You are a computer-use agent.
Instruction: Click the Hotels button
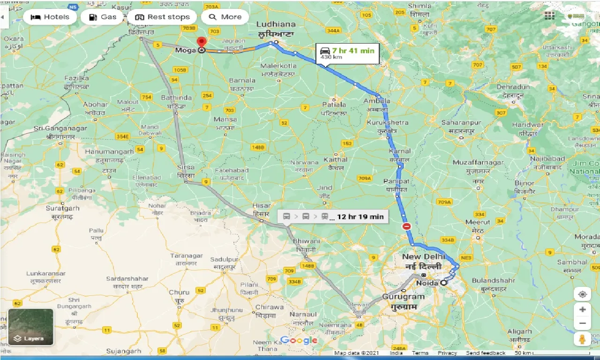pos(49,17)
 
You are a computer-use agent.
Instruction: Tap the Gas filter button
pos(102,17)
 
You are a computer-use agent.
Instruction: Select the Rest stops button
pos(162,17)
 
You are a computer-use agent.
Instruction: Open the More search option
pos(225,17)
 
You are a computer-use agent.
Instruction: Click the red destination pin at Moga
pos(202,42)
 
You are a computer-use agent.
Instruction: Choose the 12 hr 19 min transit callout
pos(333,216)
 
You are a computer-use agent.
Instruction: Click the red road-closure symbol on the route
pos(406,226)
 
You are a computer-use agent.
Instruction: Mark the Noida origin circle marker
pos(443,283)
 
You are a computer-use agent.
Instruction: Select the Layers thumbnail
pos(31,327)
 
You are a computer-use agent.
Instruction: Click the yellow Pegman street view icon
pos(582,339)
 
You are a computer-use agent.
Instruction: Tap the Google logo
pos(299,340)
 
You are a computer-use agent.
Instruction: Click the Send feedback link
pos(486,353)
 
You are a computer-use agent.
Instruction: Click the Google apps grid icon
pos(549,15)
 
